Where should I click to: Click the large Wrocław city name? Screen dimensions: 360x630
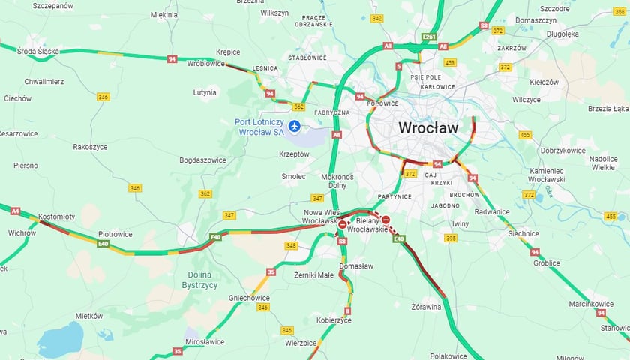(x=427, y=128)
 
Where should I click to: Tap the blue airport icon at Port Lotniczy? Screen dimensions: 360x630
(x=294, y=127)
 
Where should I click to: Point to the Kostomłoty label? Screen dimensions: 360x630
(x=56, y=217)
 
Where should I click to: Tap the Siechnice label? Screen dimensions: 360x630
(x=522, y=233)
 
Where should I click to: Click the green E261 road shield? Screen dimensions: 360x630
(x=429, y=37)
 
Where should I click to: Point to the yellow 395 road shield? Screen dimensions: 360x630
(x=450, y=238)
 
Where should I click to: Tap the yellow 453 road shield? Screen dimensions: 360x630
(x=449, y=62)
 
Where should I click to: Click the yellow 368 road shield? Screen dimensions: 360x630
(x=620, y=11)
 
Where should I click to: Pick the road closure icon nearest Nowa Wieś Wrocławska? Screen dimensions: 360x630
(x=343, y=223)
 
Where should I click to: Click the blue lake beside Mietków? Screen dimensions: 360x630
(x=60, y=339)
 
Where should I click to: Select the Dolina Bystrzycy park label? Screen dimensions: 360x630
(x=200, y=280)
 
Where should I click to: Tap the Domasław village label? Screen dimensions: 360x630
(x=356, y=266)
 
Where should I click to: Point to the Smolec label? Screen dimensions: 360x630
(x=293, y=176)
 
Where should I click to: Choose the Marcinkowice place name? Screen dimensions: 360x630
(x=590, y=304)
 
